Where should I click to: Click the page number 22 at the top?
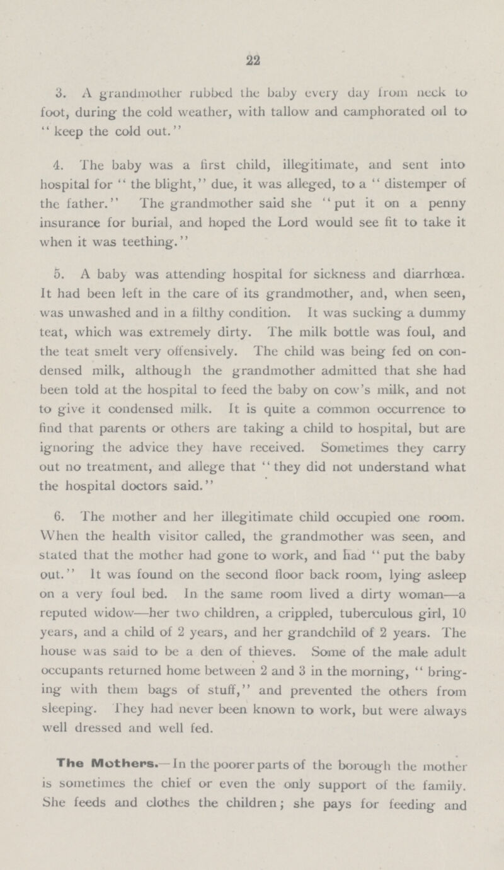(251, 55)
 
